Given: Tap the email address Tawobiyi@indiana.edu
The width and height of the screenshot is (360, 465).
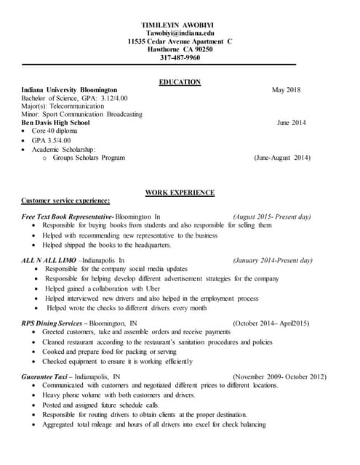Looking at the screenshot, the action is [x=180, y=33].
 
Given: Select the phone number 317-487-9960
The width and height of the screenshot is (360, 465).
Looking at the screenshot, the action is [x=180, y=58].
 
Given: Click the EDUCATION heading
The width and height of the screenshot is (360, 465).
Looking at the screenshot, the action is [x=180, y=82].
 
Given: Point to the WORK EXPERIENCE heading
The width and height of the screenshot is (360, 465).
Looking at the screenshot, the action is [x=180, y=193].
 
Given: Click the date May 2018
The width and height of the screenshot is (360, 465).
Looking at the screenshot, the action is [x=286, y=90].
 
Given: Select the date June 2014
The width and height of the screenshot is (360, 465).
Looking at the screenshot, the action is [x=291, y=123].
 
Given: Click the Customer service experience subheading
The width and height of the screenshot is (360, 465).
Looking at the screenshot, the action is [x=65, y=201].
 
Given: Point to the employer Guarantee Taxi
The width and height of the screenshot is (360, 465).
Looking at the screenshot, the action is [x=49, y=376].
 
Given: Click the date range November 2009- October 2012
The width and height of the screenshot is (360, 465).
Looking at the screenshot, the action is [x=279, y=376].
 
